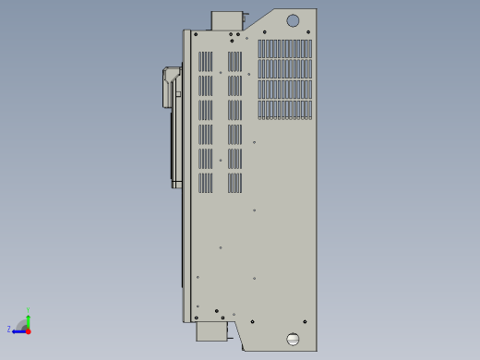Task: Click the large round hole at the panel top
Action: point(293,20)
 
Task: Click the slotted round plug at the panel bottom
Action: point(294,339)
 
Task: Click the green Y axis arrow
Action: point(28,318)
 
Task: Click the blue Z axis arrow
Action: point(18,330)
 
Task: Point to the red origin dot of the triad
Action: point(28,330)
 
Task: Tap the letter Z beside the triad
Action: point(9,329)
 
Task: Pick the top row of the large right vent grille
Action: point(284,49)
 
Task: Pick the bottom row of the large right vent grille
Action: point(284,110)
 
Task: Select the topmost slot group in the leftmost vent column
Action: point(205,62)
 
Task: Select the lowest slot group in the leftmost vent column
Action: point(205,183)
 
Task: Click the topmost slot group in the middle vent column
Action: point(234,62)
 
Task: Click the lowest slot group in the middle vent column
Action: point(234,183)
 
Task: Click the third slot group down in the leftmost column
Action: point(205,110)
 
